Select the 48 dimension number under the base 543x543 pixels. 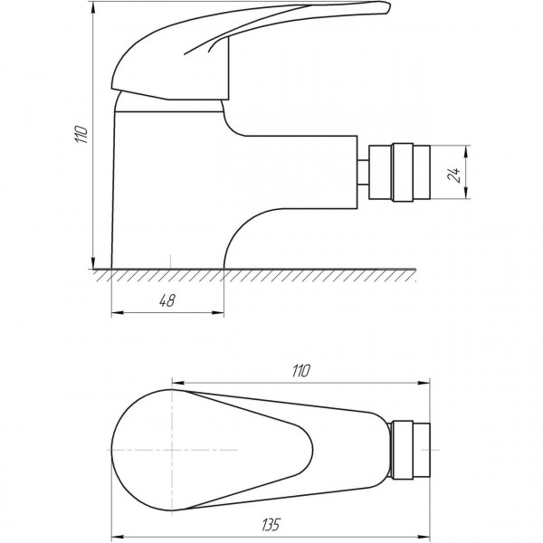coord(167,302)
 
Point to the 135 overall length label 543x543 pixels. coord(268,523)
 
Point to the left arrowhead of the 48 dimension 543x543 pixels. coord(115,314)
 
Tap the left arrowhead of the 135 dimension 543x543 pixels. coord(115,533)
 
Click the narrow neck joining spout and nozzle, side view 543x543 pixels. coord(364,171)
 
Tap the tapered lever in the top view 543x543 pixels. coord(299,425)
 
